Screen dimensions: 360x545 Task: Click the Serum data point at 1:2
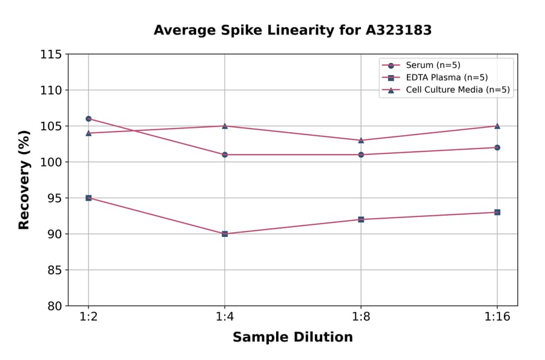(x=88, y=119)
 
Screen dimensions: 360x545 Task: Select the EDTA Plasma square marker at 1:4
(x=225, y=234)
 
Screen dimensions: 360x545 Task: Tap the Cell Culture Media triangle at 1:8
(x=361, y=140)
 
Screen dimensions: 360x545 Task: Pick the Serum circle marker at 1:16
(x=497, y=147)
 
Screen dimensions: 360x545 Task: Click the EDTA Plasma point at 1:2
(x=88, y=198)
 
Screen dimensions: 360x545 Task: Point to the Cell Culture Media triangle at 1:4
(x=225, y=125)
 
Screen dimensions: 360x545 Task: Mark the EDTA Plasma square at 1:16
(x=497, y=212)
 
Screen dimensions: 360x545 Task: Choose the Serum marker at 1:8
(x=361, y=155)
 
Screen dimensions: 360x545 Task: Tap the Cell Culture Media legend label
(x=457, y=90)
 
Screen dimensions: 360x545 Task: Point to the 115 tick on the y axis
(x=51, y=55)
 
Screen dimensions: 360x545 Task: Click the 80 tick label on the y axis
(x=54, y=306)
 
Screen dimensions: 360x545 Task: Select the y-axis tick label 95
(x=54, y=198)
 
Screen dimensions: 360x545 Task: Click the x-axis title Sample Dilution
(x=292, y=338)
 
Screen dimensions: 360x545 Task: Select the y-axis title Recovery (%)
(x=24, y=180)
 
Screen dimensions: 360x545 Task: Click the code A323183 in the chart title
(x=398, y=30)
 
